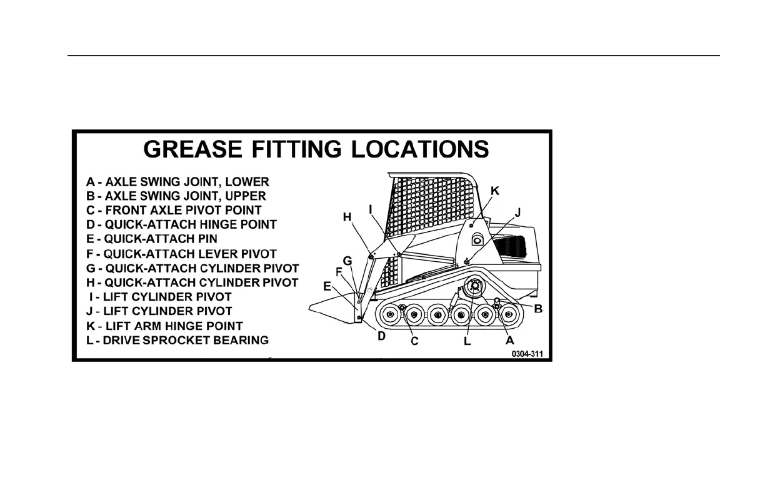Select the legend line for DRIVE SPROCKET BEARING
tap(178, 340)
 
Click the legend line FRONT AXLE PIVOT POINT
tap(174, 210)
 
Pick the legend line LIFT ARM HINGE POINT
tap(164, 326)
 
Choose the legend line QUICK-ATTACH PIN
tap(152, 239)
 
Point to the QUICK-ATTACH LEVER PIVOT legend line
tap(181, 254)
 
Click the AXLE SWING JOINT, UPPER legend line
tap(176, 196)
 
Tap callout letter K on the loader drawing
tap(494, 191)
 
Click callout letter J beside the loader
tap(517, 213)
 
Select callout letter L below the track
tap(467, 341)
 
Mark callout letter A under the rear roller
tap(509, 340)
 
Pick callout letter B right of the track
tap(537, 308)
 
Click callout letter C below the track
tap(414, 341)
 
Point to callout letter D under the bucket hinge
tap(381, 336)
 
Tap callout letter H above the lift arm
tap(347, 217)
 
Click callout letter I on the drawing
tap(371, 207)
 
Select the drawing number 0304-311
tap(528, 354)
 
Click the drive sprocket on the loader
tap(474, 287)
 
